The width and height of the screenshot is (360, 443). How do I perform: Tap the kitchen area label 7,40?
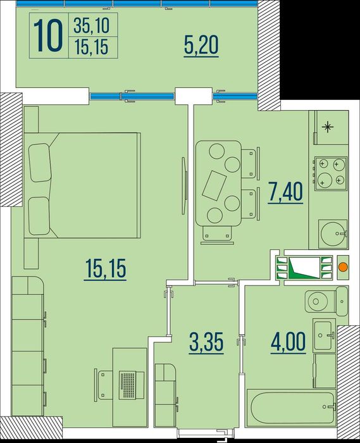tap(285, 192)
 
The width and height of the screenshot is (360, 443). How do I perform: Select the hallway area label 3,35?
tap(206, 342)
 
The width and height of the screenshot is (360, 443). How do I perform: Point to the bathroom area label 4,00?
tap(288, 342)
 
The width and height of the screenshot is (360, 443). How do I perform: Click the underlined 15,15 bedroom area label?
tap(105, 269)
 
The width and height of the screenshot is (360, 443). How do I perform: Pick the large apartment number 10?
tap(48, 36)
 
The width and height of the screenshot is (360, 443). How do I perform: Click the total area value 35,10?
tap(92, 25)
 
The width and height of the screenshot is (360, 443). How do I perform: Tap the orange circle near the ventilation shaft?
tap(343, 267)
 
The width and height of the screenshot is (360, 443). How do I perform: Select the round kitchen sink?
tap(333, 234)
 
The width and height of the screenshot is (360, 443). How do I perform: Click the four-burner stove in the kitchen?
tap(331, 173)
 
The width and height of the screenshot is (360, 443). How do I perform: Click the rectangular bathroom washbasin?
tap(324, 335)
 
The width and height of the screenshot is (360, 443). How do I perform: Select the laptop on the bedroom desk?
tap(128, 385)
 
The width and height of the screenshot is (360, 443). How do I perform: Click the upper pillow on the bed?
tap(40, 163)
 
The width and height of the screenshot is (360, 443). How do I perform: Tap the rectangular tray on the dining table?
tap(214, 185)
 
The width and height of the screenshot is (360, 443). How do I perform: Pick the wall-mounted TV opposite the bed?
tap(184, 185)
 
